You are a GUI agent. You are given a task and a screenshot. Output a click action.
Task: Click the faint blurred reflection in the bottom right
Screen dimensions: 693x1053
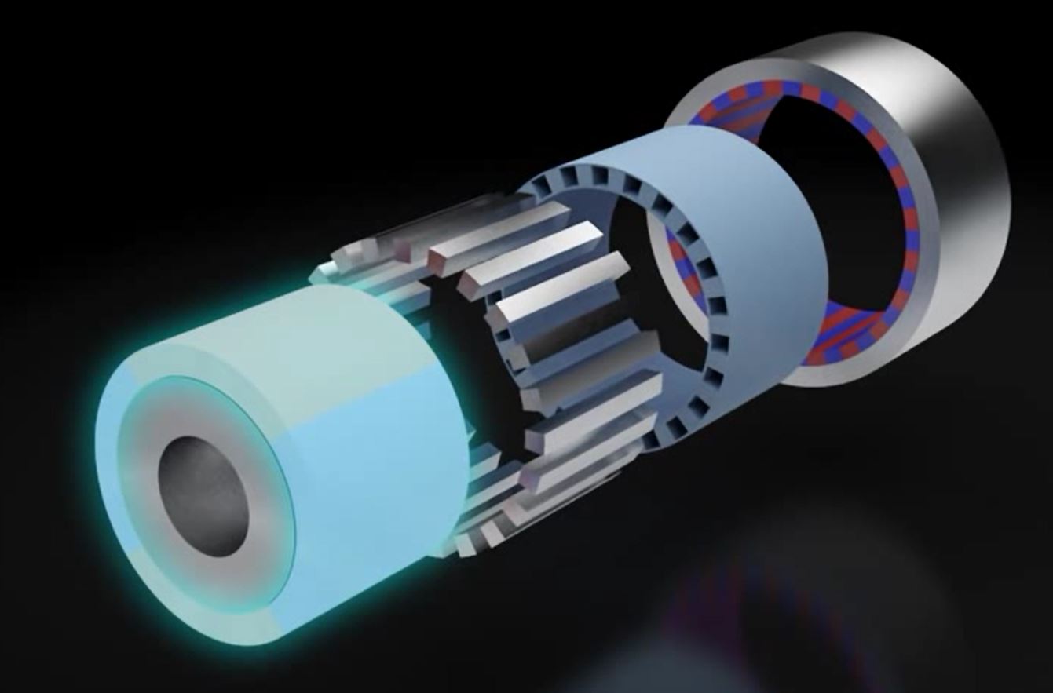[x=785, y=612]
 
